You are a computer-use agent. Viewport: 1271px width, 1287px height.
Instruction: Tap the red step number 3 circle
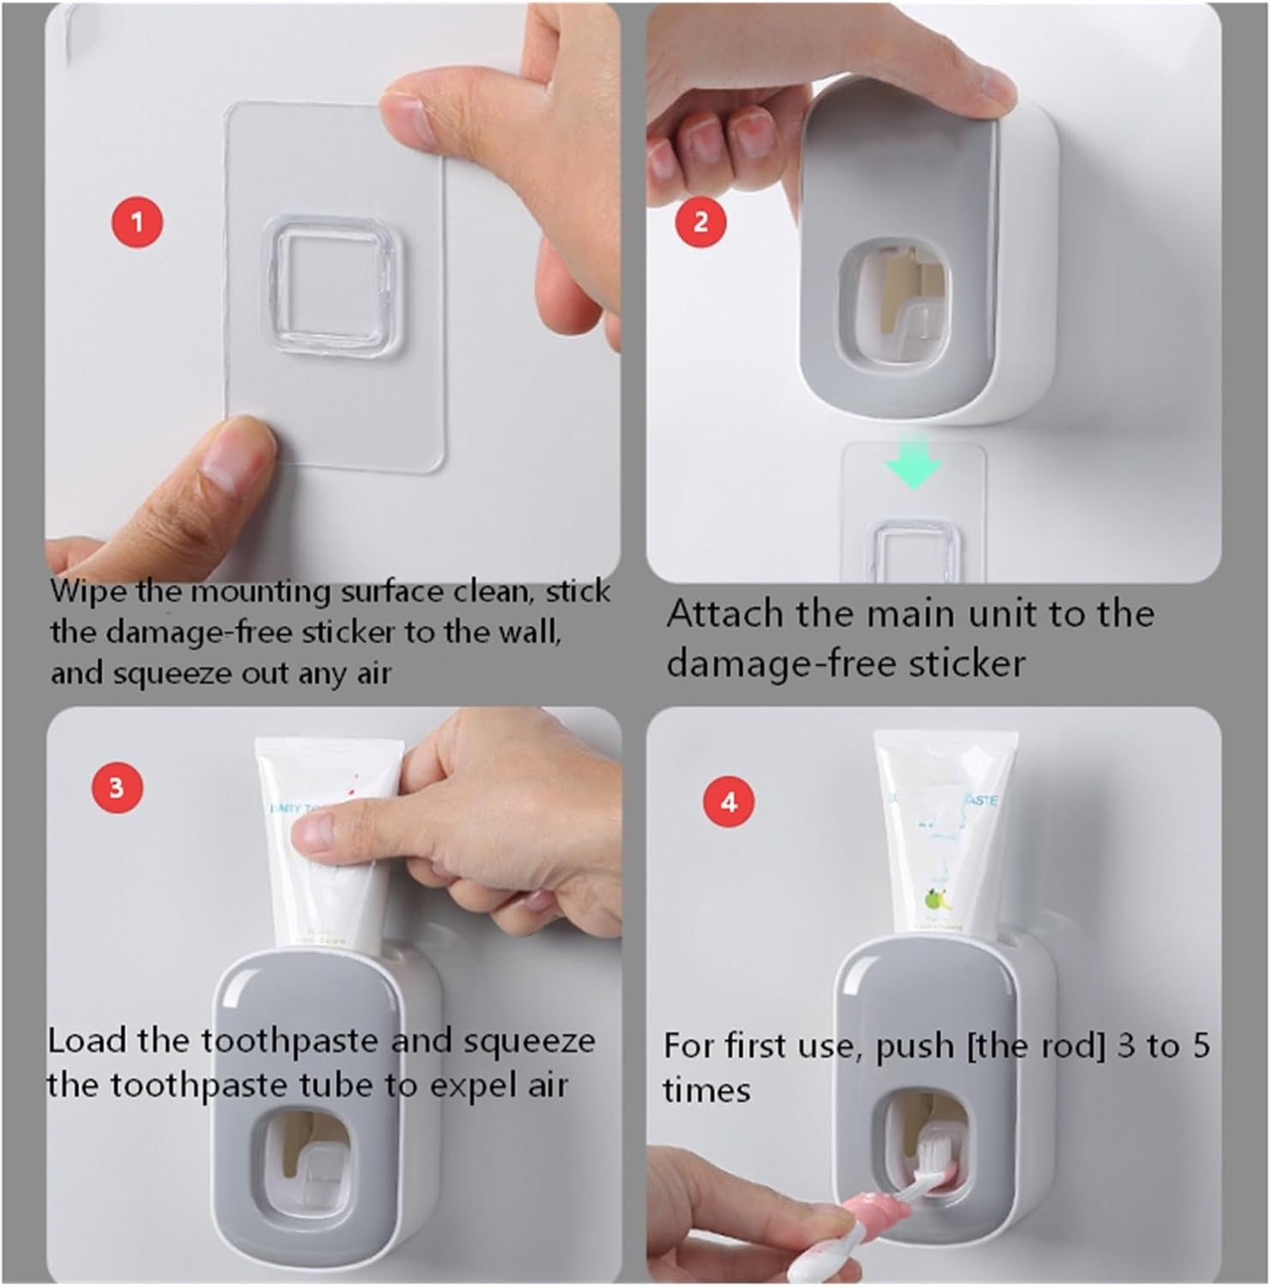[x=117, y=787]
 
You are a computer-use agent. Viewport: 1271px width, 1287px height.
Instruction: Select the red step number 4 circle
[x=729, y=802]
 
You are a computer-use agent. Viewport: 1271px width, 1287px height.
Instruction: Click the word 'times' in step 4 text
[x=705, y=1091]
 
